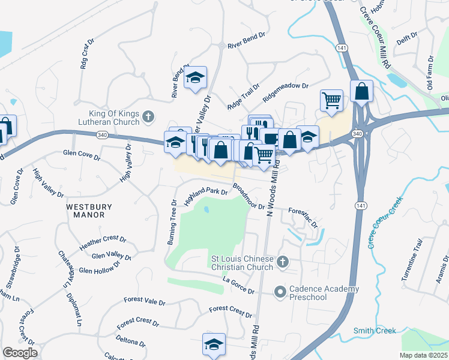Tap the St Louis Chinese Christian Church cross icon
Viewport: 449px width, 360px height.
click(x=283, y=262)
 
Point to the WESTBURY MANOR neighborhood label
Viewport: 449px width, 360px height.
click(x=89, y=211)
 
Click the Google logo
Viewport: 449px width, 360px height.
click(x=20, y=353)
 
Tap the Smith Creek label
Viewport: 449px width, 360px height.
click(x=375, y=331)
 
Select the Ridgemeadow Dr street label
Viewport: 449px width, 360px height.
click(x=285, y=89)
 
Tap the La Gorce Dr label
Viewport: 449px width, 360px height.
click(x=238, y=285)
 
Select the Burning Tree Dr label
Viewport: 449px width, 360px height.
click(x=172, y=223)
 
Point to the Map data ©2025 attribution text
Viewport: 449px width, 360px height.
click(x=424, y=355)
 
